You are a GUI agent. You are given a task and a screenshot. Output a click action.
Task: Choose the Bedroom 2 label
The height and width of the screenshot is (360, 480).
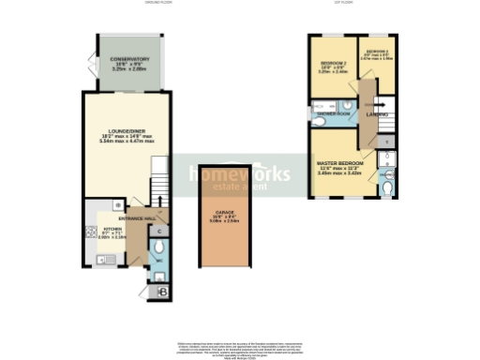[x=333, y=64]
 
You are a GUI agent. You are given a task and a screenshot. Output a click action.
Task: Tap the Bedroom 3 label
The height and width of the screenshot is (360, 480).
[x=377, y=52]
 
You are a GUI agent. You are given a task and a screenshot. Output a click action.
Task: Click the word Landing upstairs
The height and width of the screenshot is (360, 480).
[x=379, y=115]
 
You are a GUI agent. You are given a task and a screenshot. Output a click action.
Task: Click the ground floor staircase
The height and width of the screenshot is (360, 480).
[x=160, y=183]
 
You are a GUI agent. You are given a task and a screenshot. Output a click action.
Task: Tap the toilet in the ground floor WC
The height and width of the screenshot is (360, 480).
[x=158, y=276]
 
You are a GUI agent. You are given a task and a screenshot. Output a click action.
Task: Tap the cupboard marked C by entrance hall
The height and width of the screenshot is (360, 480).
[x=159, y=230]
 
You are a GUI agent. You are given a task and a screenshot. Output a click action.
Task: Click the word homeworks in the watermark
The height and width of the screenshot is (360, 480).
[x=225, y=174]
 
